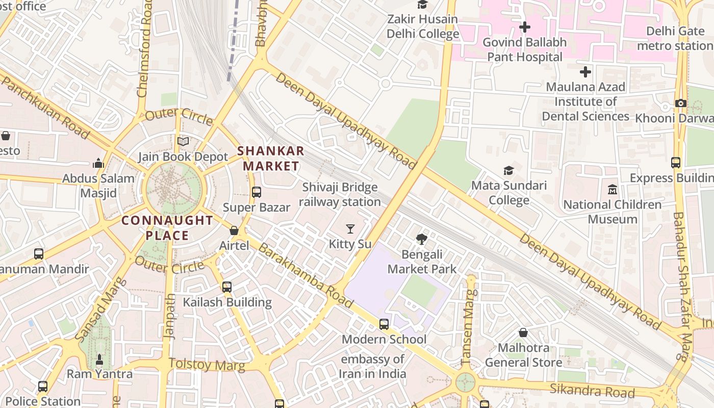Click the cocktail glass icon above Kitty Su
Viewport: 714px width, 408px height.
(x=350, y=229)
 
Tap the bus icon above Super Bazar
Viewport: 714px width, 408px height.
(x=257, y=192)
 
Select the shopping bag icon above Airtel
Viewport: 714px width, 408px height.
(x=234, y=231)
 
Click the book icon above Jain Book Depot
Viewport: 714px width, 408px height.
(x=183, y=141)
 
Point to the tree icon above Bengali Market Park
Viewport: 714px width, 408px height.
(x=422, y=239)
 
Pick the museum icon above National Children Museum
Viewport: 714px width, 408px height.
(x=613, y=190)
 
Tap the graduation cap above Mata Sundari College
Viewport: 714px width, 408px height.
(x=508, y=170)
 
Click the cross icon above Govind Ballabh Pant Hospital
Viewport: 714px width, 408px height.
(x=524, y=27)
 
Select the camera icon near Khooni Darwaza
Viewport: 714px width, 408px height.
(x=680, y=103)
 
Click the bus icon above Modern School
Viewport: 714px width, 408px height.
(x=384, y=324)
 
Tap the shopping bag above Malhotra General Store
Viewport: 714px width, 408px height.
(x=523, y=333)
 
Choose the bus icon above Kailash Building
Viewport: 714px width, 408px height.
(x=227, y=287)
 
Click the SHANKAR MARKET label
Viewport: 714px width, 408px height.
(x=271, y=158)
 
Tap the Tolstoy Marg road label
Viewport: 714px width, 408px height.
(x=207, y=365)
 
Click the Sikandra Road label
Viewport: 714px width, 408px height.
(x=592, y=391)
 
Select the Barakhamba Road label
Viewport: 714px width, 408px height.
(x=305, y=275)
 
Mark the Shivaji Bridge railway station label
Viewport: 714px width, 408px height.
(x=340, y=194)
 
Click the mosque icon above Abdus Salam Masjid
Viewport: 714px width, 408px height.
(x=98, y=163)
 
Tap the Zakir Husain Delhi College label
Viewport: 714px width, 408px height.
(x=423, y=27)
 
